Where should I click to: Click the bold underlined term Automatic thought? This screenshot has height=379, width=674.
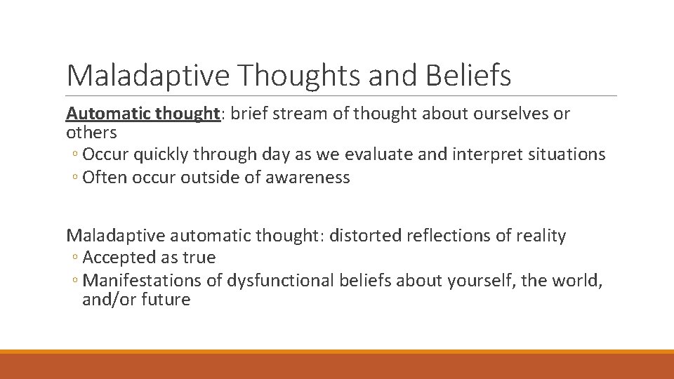coord(143,114)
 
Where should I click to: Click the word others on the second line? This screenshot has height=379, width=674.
coord(91,132)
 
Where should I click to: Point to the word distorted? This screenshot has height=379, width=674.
coord(365,236)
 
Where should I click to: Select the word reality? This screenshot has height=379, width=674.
coord(541,236)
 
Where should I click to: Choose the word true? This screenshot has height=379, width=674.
coord(199,258)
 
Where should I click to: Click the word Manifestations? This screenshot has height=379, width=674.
coord(142,280)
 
